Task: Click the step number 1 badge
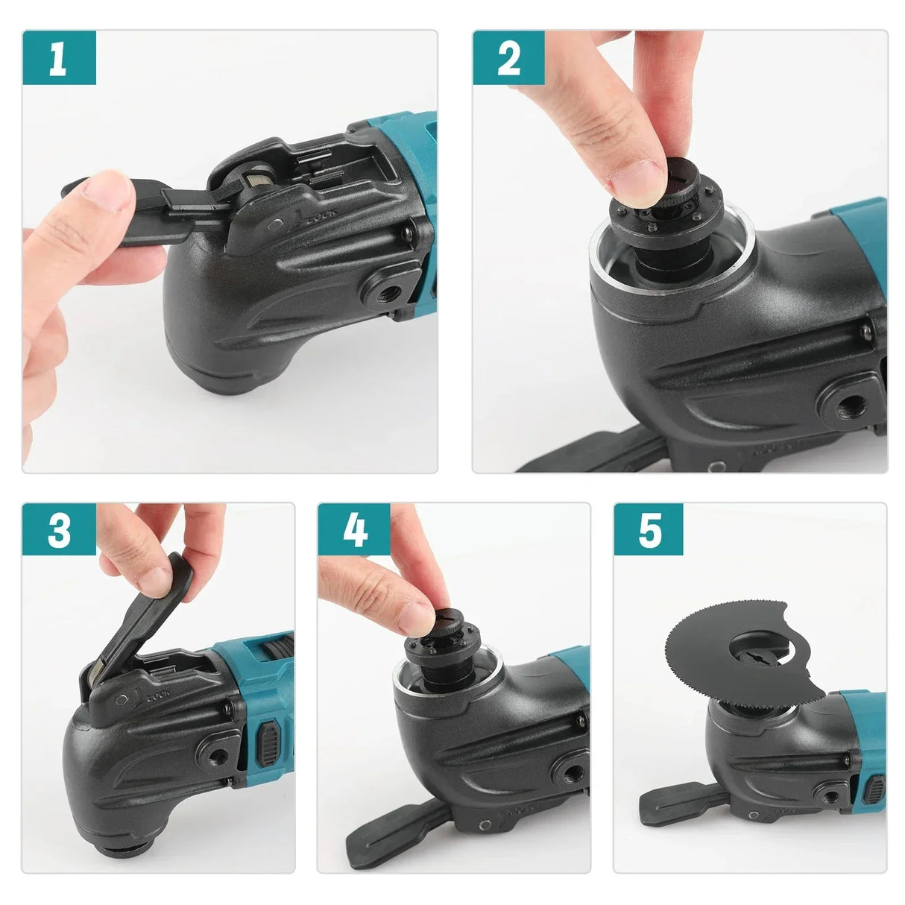pyautogui.click(x=58, y=58)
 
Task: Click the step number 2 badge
pyautogui.click(x=508, y=58)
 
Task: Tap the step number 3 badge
pyautogui.click(x=58, y=531)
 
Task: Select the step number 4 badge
pyautogui.click(x=355, y=531)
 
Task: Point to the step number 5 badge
pyautogui.click(x=649, y=531)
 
